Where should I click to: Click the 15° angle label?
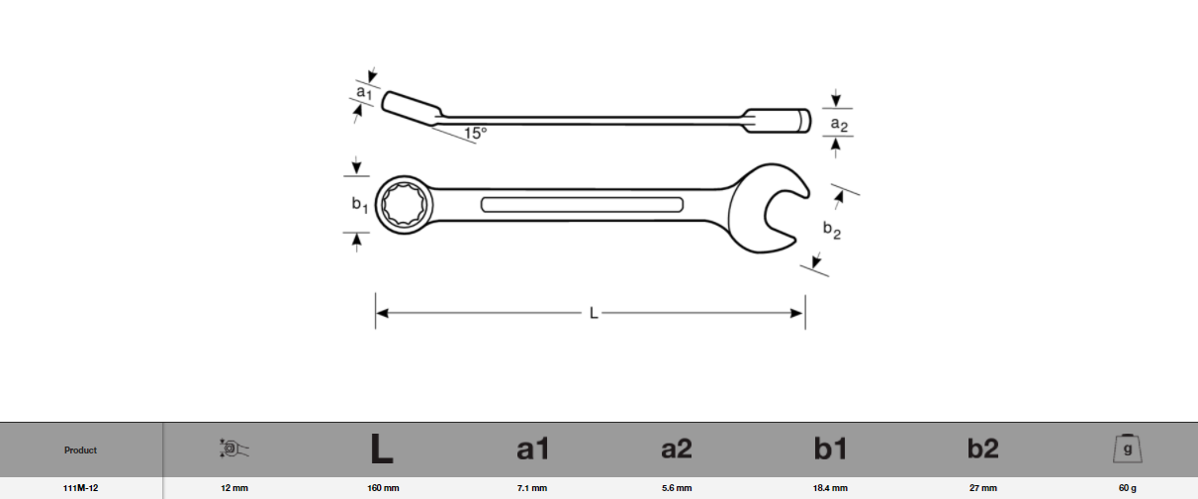475,133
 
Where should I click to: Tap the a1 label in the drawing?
364,92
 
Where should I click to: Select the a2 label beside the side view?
839,124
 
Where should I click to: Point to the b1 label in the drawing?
360,205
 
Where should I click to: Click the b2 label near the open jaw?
832,230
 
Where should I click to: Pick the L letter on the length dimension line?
594,313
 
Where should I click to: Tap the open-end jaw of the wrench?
772,209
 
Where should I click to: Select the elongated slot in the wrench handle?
582,205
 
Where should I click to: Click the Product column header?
81,450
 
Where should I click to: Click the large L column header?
382,449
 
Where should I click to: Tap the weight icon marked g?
1127,449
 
